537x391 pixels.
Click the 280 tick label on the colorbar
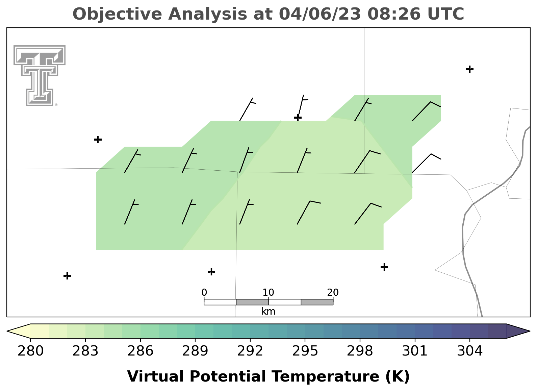(30, 351)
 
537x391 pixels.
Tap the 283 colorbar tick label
(85, 351)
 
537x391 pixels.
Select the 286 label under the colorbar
(140, 351)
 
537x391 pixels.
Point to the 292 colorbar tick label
(250, 351)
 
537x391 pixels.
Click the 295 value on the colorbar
(305, 351)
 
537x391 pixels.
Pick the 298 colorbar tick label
(360, 351)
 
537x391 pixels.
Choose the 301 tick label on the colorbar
(415, 351)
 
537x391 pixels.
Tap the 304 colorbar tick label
(470, 351)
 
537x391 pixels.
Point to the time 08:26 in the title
(394, 14)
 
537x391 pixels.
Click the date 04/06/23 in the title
(320, 14)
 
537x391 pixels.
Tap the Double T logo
(39, 76)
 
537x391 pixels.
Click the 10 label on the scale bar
(268, 292)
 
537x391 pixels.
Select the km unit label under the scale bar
(268, 311)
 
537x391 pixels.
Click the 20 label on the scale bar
(333, 292)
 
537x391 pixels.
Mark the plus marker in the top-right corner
(470, 69)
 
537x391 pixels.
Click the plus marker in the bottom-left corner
(67, 276)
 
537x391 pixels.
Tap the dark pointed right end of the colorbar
(518, 331)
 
